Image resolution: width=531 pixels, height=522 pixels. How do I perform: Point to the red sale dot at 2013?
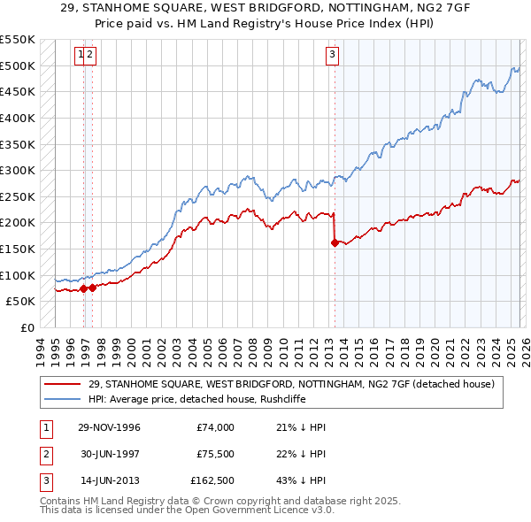(335, 242)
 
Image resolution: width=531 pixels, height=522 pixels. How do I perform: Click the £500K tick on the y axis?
(17, 66)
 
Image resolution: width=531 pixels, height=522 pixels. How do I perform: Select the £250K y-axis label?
(17, 196)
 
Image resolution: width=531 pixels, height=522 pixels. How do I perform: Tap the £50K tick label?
(20, 301)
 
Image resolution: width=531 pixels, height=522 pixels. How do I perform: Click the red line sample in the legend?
(63, 383)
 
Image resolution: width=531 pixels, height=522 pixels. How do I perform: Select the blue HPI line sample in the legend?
(63, 398)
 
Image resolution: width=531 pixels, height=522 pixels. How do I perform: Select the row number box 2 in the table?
(45, 453)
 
